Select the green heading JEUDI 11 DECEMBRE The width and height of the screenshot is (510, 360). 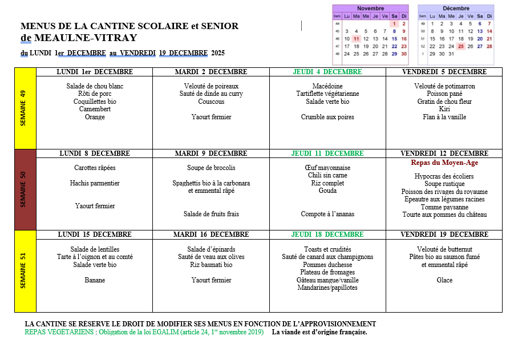tap(327, 153)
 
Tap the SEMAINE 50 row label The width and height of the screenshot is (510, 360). tap(25, 189)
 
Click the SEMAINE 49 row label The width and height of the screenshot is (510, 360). tap(25, 108)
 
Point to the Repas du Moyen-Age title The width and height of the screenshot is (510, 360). tap(444, 163)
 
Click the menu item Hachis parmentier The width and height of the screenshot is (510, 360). tap(95, 183)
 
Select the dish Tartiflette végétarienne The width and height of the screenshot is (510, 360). tap(327, 94)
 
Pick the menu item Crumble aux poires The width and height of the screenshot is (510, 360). tap(327, 117)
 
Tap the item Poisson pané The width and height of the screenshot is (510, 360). tap(444, 94)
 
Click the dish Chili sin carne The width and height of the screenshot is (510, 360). tap(327, 175)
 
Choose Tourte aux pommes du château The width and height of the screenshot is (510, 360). tap(444, 215)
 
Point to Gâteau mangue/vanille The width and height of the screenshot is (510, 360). tap(327, 280)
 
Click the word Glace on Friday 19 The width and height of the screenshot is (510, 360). tap(444, 280)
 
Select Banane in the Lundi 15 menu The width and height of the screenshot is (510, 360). tap(95, 280)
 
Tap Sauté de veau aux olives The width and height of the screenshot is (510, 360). tap(211, 257)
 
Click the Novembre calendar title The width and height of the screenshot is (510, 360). tap(370, 9)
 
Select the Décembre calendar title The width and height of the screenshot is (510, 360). tap(455, 9)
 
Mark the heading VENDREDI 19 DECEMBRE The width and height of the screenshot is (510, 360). tap(444, 234)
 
